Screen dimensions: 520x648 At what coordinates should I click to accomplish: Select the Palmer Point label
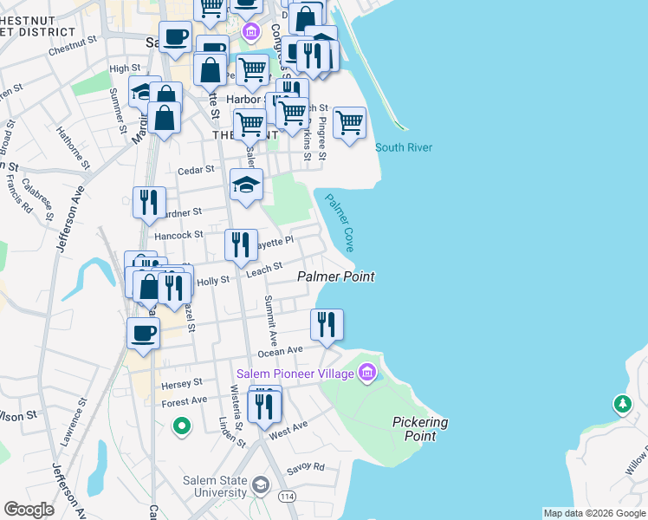click(x=336, y=276)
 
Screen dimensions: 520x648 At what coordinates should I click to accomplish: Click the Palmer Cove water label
click(x=339, y=223)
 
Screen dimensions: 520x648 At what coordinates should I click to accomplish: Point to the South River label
click(x=404, y=147)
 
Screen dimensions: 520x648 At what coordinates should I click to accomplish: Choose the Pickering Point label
click(x=420, y=429)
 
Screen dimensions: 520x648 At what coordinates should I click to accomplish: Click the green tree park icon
click(x=622, y=404)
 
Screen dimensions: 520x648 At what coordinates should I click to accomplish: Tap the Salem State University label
click(x=214, y=487)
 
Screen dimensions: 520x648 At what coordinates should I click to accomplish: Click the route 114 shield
click(x=287, y=497)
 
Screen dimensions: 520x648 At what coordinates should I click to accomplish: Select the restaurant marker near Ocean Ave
click(x=327, y=324)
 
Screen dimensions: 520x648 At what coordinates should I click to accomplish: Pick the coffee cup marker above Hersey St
click(x=143, y=332)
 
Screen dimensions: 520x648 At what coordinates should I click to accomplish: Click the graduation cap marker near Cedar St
click(x=246, y=184)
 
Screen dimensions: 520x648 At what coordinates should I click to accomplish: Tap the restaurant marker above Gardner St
click(x=149, y=202)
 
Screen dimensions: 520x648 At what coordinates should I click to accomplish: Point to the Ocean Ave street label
click(x=281, y=351)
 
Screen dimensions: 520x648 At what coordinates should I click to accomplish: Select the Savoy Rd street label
click(x=308, y=467)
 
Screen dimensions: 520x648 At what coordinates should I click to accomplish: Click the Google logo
click(x=29, y=510)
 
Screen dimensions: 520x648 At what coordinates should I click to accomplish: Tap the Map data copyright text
click(x=594, y=513)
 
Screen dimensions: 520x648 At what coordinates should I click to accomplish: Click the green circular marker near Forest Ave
click(x=181, y=426)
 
